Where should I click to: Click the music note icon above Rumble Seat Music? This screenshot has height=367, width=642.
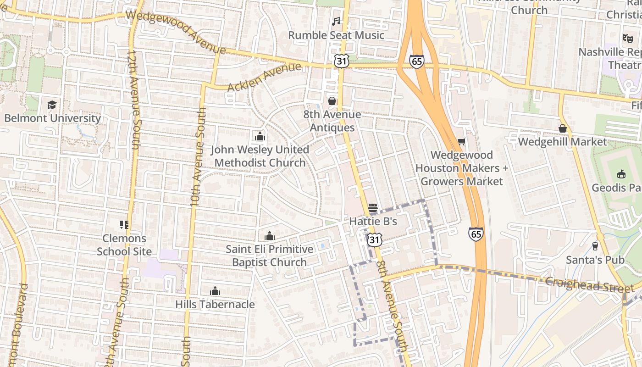tap(336, 22)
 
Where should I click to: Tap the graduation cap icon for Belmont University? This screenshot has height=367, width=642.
tap(52, 105)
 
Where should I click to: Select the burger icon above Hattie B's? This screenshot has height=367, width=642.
tap(372, 208)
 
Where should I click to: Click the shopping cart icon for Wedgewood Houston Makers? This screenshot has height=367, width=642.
tap(461, 142)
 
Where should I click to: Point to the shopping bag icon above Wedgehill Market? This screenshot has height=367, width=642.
tap(562, 128)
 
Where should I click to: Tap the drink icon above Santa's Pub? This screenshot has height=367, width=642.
tap(595, 246)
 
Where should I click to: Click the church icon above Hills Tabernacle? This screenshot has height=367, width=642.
tap(215, 291)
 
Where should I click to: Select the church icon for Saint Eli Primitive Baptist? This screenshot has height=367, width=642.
tap(269, 236)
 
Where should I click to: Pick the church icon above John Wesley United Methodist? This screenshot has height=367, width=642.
tap(260, 136)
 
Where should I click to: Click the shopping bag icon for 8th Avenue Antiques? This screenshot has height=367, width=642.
tap(332, 101)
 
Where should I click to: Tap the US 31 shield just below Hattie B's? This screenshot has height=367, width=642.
tap(374, 239)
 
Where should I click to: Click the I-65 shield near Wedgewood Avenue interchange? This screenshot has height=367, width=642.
tap(417, 61)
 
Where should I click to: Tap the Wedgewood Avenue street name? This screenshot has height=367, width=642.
tap(177, 30)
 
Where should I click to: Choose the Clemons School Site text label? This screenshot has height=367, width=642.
tap(124, 245)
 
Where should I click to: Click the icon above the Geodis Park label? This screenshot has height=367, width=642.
tap(621, 174)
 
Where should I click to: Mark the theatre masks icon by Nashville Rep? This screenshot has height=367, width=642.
tap(627, 39)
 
